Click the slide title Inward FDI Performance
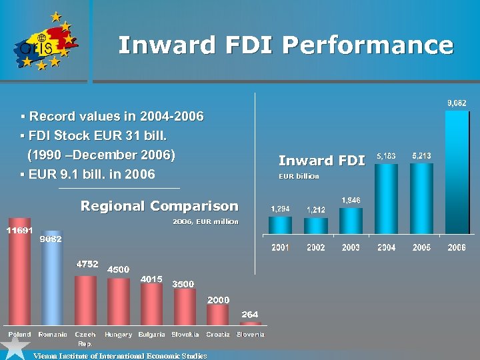285,45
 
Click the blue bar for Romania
52,283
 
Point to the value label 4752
86,264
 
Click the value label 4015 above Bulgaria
151,279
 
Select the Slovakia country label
185,334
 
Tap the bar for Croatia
217,315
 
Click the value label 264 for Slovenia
250,314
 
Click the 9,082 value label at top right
457,103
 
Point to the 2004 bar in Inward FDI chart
386,199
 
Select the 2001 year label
280,247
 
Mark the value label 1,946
351,200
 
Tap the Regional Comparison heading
159,206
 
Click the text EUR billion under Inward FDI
299,177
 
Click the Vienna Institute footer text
120,356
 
